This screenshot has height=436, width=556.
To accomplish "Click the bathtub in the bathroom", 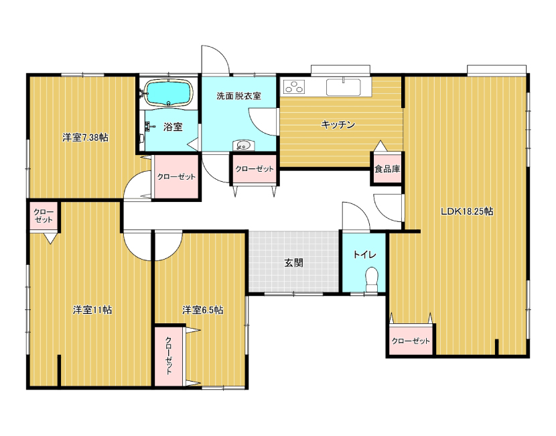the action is (169, 93).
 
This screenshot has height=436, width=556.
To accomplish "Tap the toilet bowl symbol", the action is (371, 280).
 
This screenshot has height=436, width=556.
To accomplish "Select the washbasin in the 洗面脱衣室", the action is (243, 145).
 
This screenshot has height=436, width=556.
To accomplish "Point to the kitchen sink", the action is (343, 87).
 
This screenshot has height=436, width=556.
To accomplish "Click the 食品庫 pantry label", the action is (387, 169).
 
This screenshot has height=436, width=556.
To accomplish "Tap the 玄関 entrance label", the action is (293, 263).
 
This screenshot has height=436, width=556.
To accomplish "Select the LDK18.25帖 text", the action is (467, 211).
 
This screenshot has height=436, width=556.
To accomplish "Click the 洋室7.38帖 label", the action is (86, 138).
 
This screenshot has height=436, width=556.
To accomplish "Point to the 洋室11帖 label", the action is (92, 310).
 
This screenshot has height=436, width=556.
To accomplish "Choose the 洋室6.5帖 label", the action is (202, 310).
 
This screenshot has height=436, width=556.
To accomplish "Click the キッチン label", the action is (338, 125).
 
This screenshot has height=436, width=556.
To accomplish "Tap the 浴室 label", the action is (173, 127).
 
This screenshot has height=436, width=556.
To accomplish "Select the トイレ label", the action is (364, 255).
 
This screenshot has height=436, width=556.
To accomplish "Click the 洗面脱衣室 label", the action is (238, 96).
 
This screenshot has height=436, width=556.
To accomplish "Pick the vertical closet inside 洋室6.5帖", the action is (169, 356).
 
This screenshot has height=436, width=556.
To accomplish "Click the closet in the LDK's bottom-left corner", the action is (411, 340).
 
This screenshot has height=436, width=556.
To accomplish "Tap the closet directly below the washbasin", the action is (255, 169).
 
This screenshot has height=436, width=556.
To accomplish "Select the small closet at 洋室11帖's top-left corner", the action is (44, 216).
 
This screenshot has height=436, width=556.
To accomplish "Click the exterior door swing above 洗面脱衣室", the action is (215, 59).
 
